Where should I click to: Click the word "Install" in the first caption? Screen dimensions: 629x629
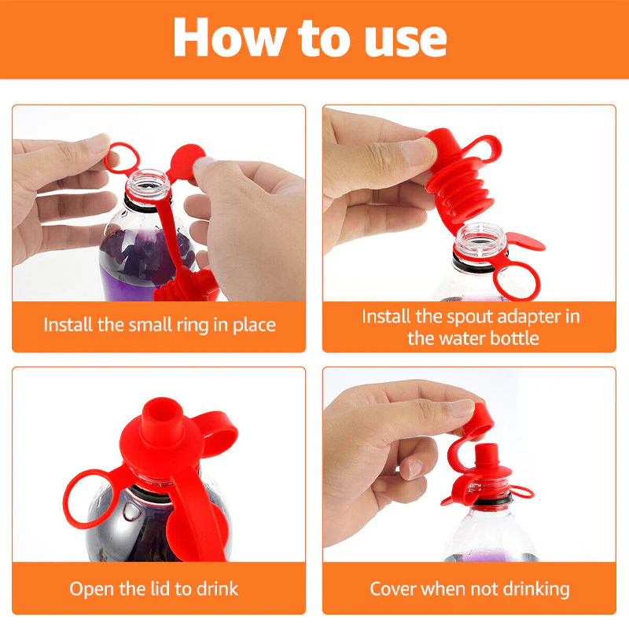[x=68, y=324]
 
